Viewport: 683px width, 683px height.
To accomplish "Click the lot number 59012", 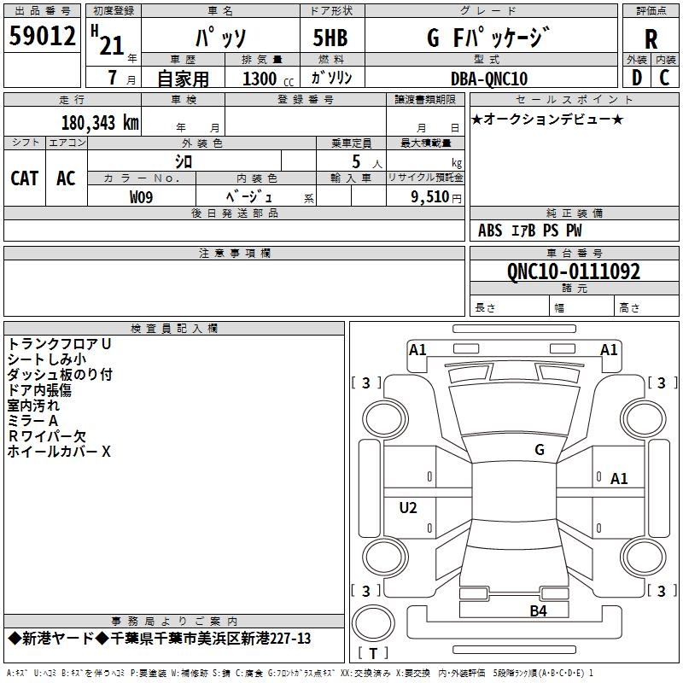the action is (x=42, y=36).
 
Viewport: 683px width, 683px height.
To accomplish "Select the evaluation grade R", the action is (x=651, y=39).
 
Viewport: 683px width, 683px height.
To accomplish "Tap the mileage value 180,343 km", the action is (x=100, y=123).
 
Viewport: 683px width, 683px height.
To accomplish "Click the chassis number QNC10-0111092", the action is (x=574, y=271).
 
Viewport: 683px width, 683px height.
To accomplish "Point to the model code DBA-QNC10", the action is (x=489, y=79).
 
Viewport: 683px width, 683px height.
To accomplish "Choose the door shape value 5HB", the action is (x=330, y=38).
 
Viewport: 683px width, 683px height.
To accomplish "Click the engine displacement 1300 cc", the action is (x=268, y=79).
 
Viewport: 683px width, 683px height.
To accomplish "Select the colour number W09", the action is (x=141, y=197).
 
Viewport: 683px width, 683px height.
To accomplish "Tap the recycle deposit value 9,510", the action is (x=430, y=197).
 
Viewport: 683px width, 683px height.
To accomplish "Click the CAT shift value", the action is (x=25, y=178).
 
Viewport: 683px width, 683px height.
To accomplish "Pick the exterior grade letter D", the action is (x=637, y=78).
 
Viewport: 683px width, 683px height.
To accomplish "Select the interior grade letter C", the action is (x=664, y=78).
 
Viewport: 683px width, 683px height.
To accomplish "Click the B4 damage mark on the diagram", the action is (x=538, y=611).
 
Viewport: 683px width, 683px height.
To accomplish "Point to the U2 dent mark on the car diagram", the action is (x=408, y=507).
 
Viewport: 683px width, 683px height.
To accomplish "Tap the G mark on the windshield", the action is (x=540, y=450).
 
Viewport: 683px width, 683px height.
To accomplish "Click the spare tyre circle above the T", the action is (x=373, y=623).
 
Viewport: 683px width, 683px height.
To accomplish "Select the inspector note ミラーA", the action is (x=32, y=421).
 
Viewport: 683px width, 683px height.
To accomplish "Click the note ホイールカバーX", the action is (x=59, y=452).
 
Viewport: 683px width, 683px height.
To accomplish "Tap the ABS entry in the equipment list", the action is (x=490, y=231).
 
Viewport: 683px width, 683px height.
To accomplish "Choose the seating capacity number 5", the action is (x=356, y=161).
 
